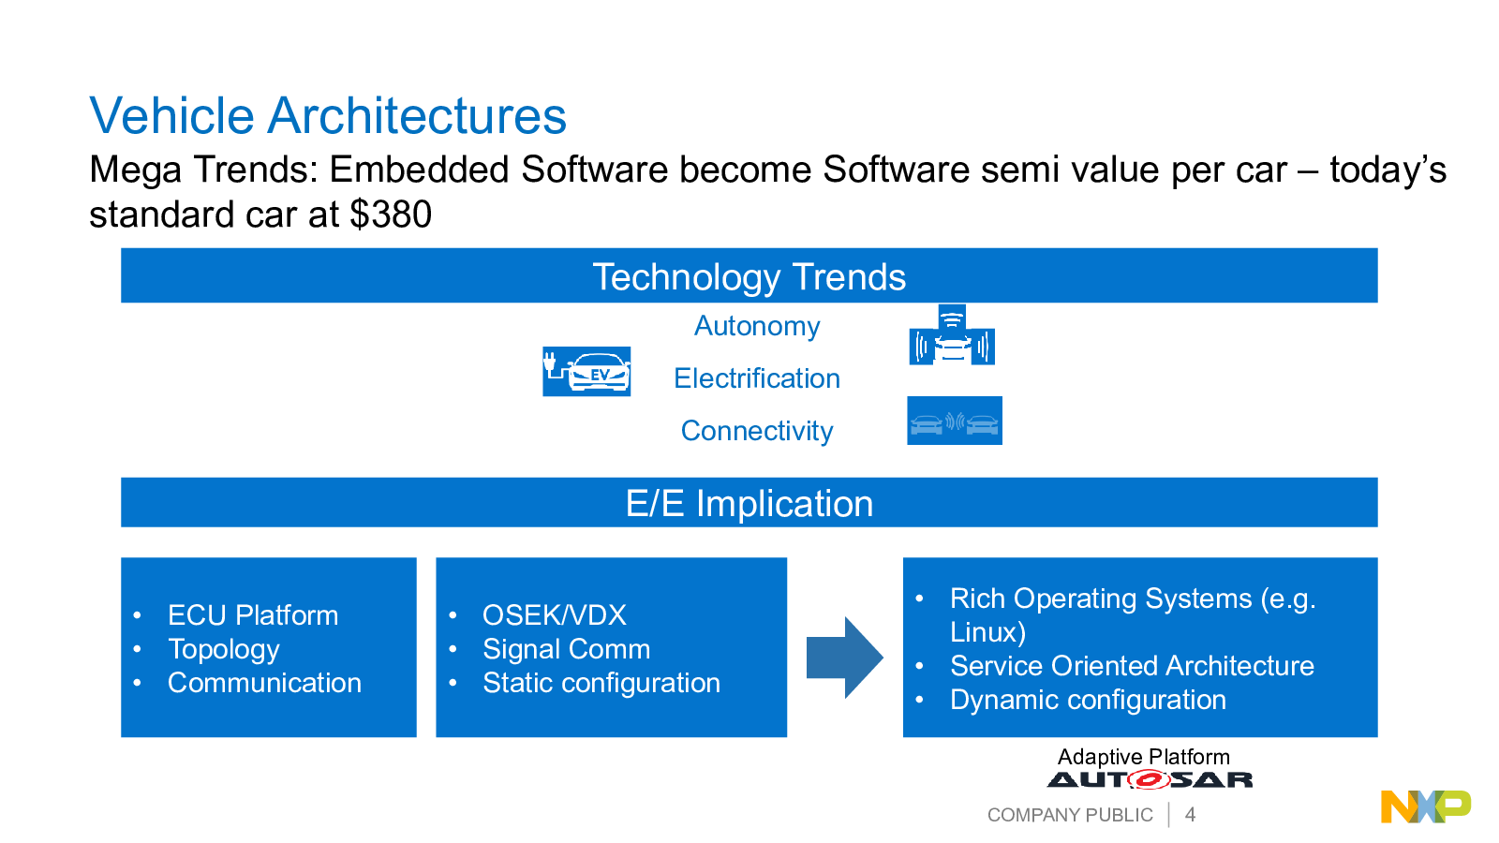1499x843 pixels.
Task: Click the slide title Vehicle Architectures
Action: [328, 116]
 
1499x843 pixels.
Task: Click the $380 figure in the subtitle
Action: [391, 214]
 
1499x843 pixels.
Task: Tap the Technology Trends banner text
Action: [749, 277]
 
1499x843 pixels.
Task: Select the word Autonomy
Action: [757, 327]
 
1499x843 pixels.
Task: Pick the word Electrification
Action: [757, 378]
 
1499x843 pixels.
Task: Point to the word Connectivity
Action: [757, 431]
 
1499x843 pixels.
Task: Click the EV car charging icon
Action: [586, 371]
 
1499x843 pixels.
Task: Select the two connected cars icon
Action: [955, 421]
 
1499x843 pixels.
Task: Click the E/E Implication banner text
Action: [749, 503]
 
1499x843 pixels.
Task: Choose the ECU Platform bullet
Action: [253, 615]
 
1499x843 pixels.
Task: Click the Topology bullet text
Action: [224, 650]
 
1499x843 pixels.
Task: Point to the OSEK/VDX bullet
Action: [554, 615]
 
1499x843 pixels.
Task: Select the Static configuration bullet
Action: [601, 683]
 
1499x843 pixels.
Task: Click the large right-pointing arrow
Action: [844, 658]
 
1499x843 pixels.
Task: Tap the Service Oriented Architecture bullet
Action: [1132, 666]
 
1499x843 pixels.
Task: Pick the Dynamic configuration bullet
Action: [1088, 700]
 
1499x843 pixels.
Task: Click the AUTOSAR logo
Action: [1150, 779]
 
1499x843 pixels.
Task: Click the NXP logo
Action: [1426, 806]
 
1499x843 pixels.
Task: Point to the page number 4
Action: [1190, 814]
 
